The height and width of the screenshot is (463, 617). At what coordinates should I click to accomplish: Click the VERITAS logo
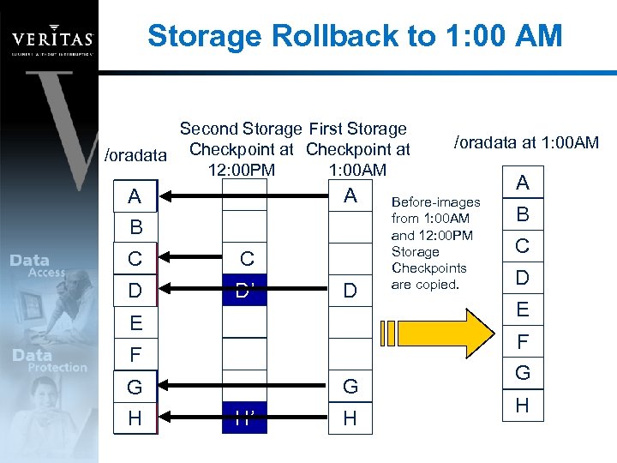click(x=52, y=39)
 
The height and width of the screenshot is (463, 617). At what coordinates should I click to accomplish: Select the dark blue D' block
click(x=245, y=291)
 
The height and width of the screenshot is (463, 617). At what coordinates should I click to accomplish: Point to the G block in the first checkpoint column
click(x=350, y=387)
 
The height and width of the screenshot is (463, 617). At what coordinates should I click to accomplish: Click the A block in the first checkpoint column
click(x=350, y=196)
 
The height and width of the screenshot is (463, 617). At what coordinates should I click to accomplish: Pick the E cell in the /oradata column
click(x=135, y=323)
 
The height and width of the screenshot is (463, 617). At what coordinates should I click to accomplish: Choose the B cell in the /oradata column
click(x=135, y=228)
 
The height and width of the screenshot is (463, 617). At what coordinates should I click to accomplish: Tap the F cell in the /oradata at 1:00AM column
click(x=522, y=341)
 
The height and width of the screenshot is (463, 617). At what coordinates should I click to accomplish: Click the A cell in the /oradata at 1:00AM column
click(x=522, y=183)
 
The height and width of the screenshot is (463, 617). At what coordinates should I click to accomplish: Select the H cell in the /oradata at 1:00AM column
click(x=522, y=405)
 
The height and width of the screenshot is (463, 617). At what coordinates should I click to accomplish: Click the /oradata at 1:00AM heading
click(x=526, y=142)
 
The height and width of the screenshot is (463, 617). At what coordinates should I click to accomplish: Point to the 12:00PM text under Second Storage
click(x=242, y=170)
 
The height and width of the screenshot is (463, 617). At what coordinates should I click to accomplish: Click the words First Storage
click(x=357, y=129)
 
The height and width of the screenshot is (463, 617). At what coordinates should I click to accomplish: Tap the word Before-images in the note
click(x=435, y=202)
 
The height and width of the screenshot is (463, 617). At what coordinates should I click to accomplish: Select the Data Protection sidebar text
click(x=50, y=361)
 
